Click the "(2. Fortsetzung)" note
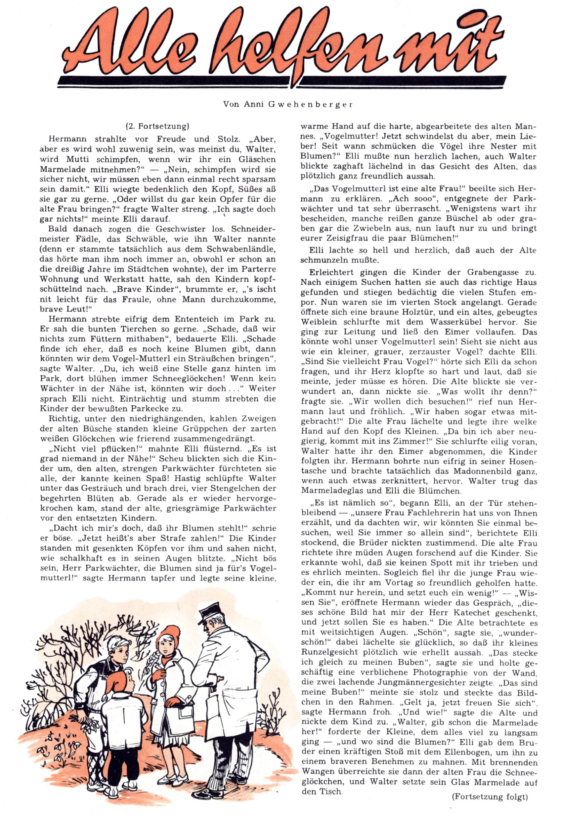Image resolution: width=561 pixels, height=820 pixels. click(158, 126)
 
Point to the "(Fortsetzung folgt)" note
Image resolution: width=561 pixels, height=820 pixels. click(490, 794)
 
